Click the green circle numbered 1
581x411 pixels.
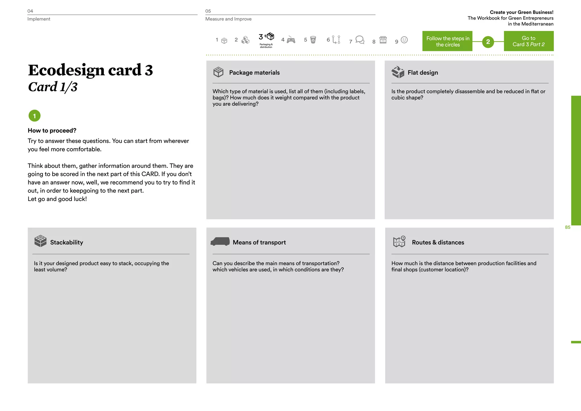35,116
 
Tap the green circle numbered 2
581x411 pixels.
488,42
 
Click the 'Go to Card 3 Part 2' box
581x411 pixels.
529,41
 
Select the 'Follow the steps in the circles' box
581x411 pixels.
447,41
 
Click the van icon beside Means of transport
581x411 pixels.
220,241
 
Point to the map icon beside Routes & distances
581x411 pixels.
399,242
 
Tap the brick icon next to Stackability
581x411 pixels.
40,241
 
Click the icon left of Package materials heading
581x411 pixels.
218,72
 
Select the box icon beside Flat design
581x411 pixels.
398,72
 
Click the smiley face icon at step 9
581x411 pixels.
404,40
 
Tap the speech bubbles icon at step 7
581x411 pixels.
360,40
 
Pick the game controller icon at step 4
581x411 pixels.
291,40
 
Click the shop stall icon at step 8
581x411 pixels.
383,39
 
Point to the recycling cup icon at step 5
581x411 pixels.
313,40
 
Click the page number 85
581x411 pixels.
567,227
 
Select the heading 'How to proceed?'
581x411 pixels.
52,131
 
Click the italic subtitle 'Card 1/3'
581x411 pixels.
53,87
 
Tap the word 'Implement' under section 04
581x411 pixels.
39,19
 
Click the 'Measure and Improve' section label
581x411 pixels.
228,19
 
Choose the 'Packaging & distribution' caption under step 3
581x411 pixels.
266,46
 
